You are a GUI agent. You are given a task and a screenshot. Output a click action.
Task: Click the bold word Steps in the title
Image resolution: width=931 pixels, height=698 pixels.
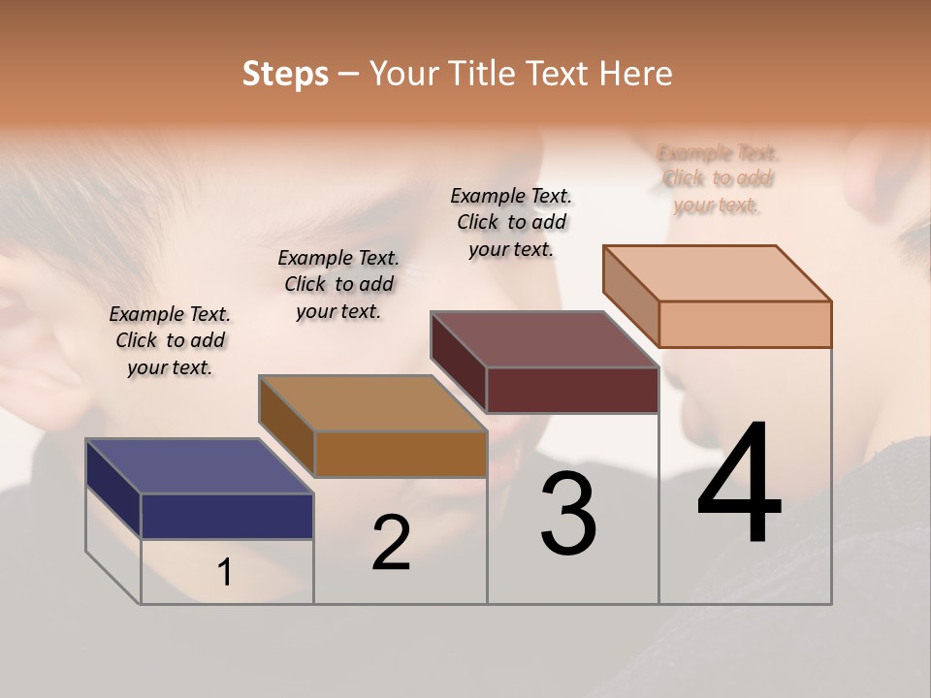285,74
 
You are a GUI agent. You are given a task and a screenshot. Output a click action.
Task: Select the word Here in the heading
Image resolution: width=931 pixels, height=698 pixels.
635,74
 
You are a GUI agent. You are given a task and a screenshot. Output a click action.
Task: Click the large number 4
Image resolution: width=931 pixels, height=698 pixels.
739,485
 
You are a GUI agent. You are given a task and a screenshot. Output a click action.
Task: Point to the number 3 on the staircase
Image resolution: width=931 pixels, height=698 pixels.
568,514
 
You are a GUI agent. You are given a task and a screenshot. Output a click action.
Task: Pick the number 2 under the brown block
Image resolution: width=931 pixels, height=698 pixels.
391,542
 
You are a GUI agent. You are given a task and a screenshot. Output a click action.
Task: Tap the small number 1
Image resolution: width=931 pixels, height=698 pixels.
225,573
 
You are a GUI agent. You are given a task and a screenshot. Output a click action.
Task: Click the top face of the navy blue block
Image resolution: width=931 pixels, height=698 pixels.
199,465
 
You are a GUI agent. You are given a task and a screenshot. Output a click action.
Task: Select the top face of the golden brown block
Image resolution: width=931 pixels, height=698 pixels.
371,402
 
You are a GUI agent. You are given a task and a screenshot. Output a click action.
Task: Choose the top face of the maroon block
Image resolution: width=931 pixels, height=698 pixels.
544,338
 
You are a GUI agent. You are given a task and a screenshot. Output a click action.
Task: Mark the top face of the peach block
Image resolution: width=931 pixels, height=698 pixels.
717,272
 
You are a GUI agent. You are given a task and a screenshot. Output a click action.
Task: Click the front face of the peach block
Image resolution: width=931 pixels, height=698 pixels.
745,324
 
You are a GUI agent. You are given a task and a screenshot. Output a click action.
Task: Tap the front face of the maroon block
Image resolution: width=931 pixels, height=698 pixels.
572,390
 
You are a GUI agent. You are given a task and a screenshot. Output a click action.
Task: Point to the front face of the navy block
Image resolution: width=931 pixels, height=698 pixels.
227,516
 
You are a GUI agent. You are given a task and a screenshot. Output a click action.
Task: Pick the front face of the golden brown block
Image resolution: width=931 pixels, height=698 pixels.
400,454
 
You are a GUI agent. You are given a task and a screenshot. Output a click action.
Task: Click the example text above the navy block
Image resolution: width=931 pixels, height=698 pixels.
170,340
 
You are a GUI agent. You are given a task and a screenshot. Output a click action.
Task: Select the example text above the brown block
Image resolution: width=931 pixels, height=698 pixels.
338,284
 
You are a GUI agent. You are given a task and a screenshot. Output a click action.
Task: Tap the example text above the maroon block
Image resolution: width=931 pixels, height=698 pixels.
511,222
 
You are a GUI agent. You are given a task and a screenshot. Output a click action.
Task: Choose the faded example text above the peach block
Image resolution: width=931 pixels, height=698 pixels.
718,178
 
